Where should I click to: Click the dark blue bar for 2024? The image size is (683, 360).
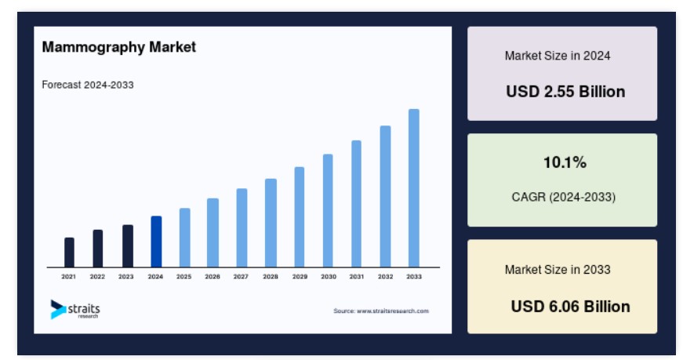click(156, 242)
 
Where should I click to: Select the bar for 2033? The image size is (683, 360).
click(414, 188)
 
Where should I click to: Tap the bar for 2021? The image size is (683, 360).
click(69, 253)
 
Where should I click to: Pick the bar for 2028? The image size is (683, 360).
click(271, 223)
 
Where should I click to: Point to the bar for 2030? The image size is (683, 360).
click(328, 210)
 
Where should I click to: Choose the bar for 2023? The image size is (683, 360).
click(128, 245)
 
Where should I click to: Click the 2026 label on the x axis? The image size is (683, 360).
click(213, 277)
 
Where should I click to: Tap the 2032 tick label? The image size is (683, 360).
click(386, 277)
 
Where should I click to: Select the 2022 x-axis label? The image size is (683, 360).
click(97, 277)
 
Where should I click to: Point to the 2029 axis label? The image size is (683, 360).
click(300, 277)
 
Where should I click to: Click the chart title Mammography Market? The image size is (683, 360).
click(119, 47)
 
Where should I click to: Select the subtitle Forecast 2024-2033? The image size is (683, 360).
click(88, 85)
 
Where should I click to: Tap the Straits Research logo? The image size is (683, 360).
click(75, 310)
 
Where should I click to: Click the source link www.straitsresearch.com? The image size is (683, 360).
click(393, 311)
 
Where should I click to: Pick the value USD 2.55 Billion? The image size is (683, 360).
click(565, 92)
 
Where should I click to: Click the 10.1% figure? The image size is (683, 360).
click(565, 162)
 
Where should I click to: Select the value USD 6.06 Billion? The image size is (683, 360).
click(570, 307)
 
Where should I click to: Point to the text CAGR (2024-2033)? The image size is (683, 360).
click(564, 197)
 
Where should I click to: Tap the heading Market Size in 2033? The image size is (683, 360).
click(558, 270)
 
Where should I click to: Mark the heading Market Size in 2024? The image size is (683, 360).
click(558, 56)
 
